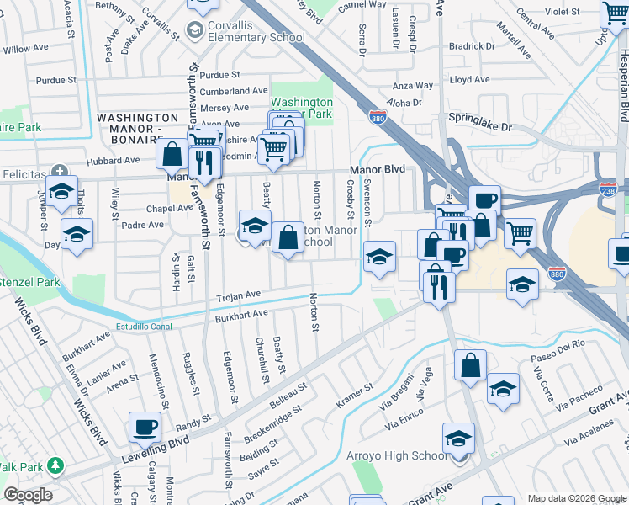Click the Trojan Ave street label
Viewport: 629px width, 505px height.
pyautogui.click(x=239, y=295)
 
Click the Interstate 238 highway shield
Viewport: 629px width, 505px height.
pyautogui.click(x=609, y=190)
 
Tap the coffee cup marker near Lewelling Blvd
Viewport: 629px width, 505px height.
pyautogui.click(x=145, y=428)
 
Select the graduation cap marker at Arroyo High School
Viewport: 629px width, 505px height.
pyautogui.click(x=458, y=439)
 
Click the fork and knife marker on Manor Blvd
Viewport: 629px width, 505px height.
pyautogui.click(x=205, y=162)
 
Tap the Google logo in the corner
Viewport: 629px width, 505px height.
pyautogui.click(x=28, y=495)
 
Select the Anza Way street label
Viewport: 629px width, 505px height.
pyautogui.click(x=413, y=85)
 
